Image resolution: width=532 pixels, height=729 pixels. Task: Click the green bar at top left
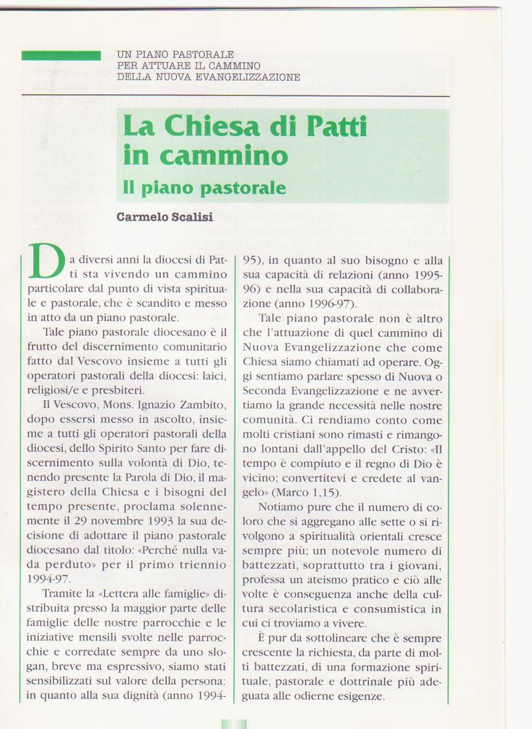pos(61,56)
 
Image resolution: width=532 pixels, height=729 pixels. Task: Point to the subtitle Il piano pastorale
pos(204,188)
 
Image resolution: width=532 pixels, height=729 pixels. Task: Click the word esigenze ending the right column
pos(360,696)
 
